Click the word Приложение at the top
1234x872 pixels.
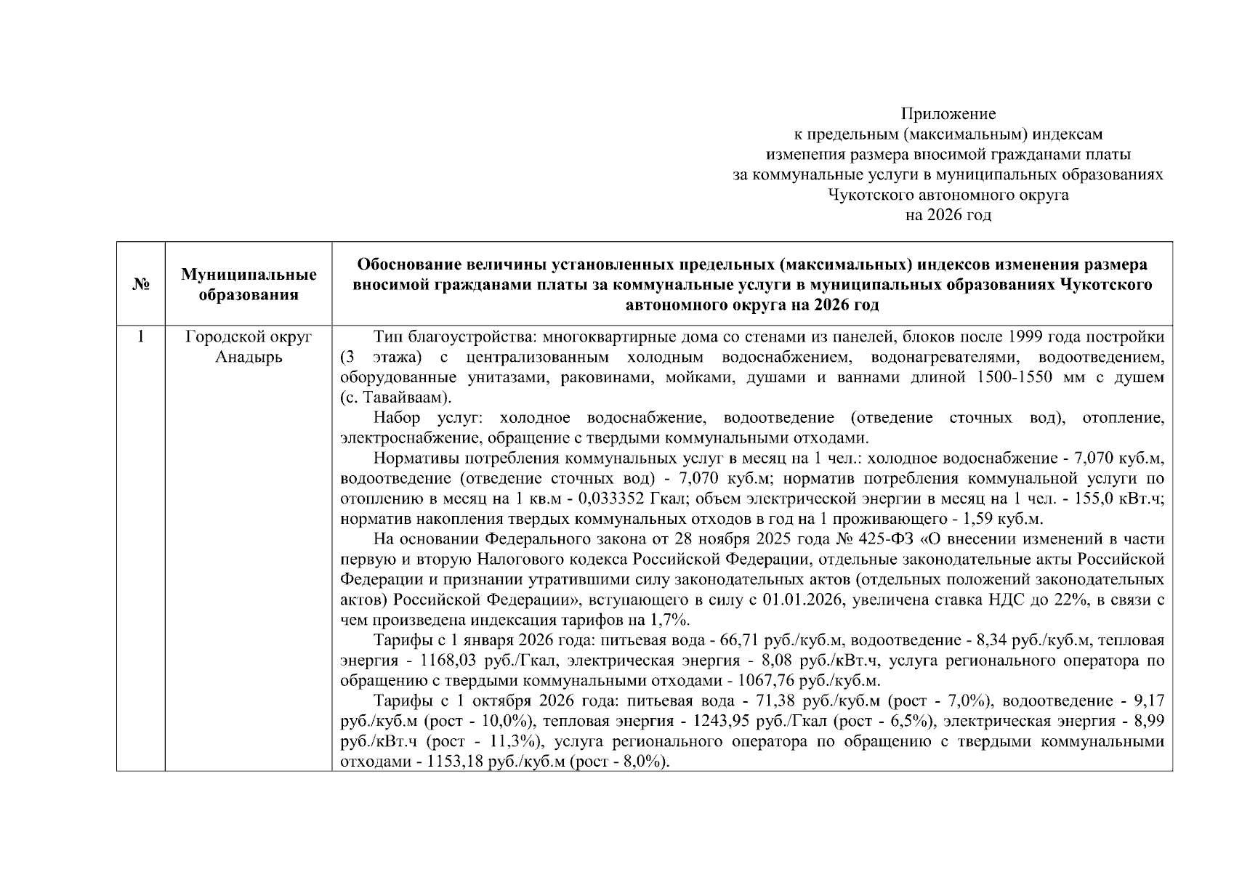click(948, 114)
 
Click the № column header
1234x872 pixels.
click(141, 285)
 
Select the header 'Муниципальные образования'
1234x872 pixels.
click(249, 285)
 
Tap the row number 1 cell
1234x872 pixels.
click(141, 337)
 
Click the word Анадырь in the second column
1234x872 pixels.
click(249, 358)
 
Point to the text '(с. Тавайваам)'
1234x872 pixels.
click(395, 398)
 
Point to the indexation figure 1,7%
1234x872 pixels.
click(672, 621)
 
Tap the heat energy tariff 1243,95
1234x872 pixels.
click(722, 722)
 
